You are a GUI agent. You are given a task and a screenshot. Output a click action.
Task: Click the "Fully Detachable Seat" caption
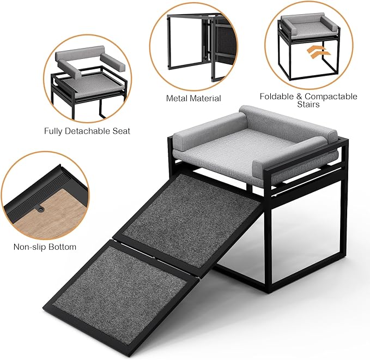pyautogui.click(x=87, y=131)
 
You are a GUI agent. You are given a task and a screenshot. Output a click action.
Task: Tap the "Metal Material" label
pyautogui.click(x=193, y=99)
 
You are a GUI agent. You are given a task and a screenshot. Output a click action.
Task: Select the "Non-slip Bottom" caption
pyautogui.click(x=45, y=247)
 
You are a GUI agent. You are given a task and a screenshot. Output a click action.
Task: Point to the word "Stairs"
pyautogui.click(x=308, y=105)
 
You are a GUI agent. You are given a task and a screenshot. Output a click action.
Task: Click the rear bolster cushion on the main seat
pyautogui.click(x=283, y=122)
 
